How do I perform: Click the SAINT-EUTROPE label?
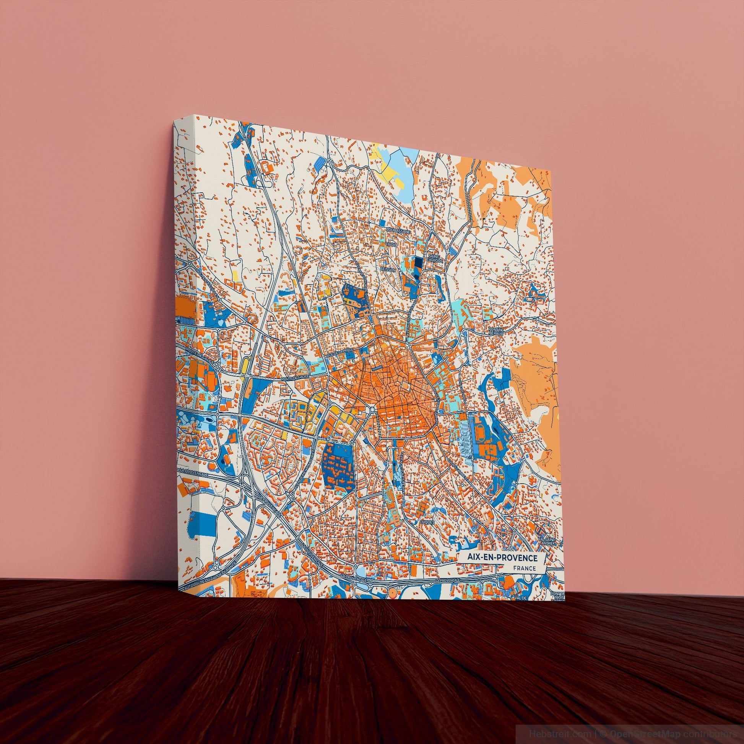[x=435, y=258]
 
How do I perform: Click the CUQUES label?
[x=428, y=522]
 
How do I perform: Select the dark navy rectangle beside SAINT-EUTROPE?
[x=418, y=263]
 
